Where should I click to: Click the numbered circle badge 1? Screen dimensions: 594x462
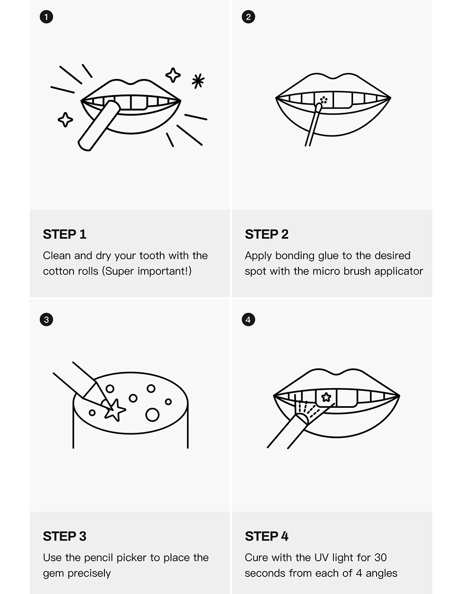click(46, 17)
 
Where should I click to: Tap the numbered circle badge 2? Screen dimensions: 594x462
click(249, 17)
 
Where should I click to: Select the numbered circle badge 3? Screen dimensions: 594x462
click(46, 320)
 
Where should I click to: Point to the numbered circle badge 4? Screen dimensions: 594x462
click(249, 320)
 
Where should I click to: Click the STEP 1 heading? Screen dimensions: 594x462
click(65, 234)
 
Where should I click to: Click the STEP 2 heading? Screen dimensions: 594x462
click(267, 234)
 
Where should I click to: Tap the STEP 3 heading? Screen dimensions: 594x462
click(65, 536)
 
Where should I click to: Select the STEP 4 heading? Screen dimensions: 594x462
click(267, 536)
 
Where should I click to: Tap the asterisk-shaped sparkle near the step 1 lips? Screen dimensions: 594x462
click(198, 81)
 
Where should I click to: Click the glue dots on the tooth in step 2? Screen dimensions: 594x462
click(323, 99)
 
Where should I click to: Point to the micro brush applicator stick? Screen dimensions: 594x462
click(312, 127)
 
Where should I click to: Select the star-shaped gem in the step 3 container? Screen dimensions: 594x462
click(114, 410)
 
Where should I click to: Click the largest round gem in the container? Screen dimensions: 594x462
click(152, 415)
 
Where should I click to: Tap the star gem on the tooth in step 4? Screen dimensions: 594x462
click(326, 397)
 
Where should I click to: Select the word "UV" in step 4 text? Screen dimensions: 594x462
click(321, 558)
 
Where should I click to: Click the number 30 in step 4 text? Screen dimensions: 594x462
click(380, 558)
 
